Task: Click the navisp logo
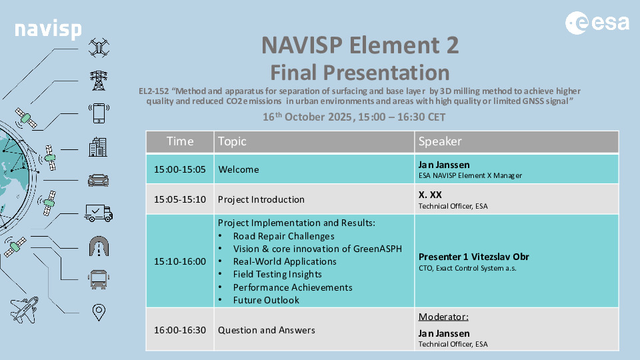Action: click(x=48, y=29)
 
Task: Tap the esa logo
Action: click(x=597, y=23)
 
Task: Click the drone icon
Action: click(x=99, y=47)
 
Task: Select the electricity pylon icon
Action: click(x=99, y=81)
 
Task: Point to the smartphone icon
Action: click(x=99, y=113)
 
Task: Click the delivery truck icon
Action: click(x=99, y=213)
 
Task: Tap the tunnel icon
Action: click(x=99, y=246)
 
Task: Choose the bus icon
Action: click(x=99, y=279)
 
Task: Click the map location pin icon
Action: click(x=99, y=312)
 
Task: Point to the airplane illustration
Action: click(x=25, y=310)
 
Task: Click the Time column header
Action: click(x=180, y=141)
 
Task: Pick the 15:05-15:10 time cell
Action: click(x=180, y=199)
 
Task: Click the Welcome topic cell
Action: click(x=314, y=169)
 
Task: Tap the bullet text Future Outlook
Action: click(x=266, y=300)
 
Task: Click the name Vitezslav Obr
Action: click(x=500, y=257)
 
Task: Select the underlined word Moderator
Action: click(x=443, y=317)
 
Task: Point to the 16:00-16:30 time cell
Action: click(x=180, y=330)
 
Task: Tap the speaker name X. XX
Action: click(x=430, y=195)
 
